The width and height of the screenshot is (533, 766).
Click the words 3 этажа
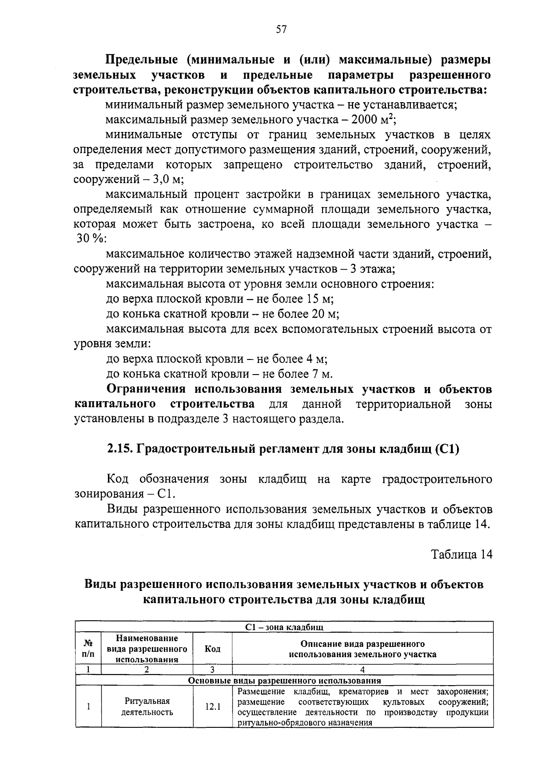pos(372,269)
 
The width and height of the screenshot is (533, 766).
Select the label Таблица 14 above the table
pos(461,555)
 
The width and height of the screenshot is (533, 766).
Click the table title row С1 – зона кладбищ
pos(284,627)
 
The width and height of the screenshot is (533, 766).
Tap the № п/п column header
pos(88,649)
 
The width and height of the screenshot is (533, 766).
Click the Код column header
pos(212,649)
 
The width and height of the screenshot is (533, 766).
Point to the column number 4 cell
pos(362,670)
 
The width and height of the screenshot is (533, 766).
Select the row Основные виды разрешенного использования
pos(284,681)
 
